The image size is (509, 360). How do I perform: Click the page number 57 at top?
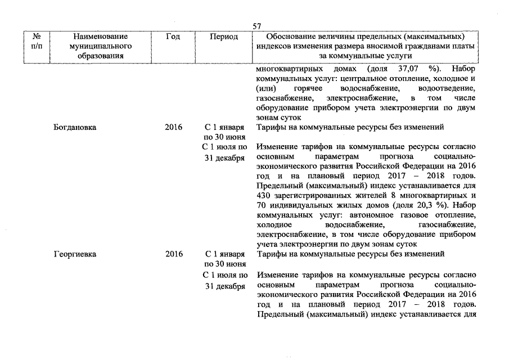click(257, 26)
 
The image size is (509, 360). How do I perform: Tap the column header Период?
click(224, 37)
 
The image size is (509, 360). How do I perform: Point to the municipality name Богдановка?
click(75, 127)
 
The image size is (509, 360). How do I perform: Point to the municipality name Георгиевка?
click(75, 254)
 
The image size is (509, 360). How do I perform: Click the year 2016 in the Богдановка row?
click(174, 127)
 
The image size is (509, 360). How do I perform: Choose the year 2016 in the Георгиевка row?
click(174, 254)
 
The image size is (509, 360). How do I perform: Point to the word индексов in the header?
click(272, 46)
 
